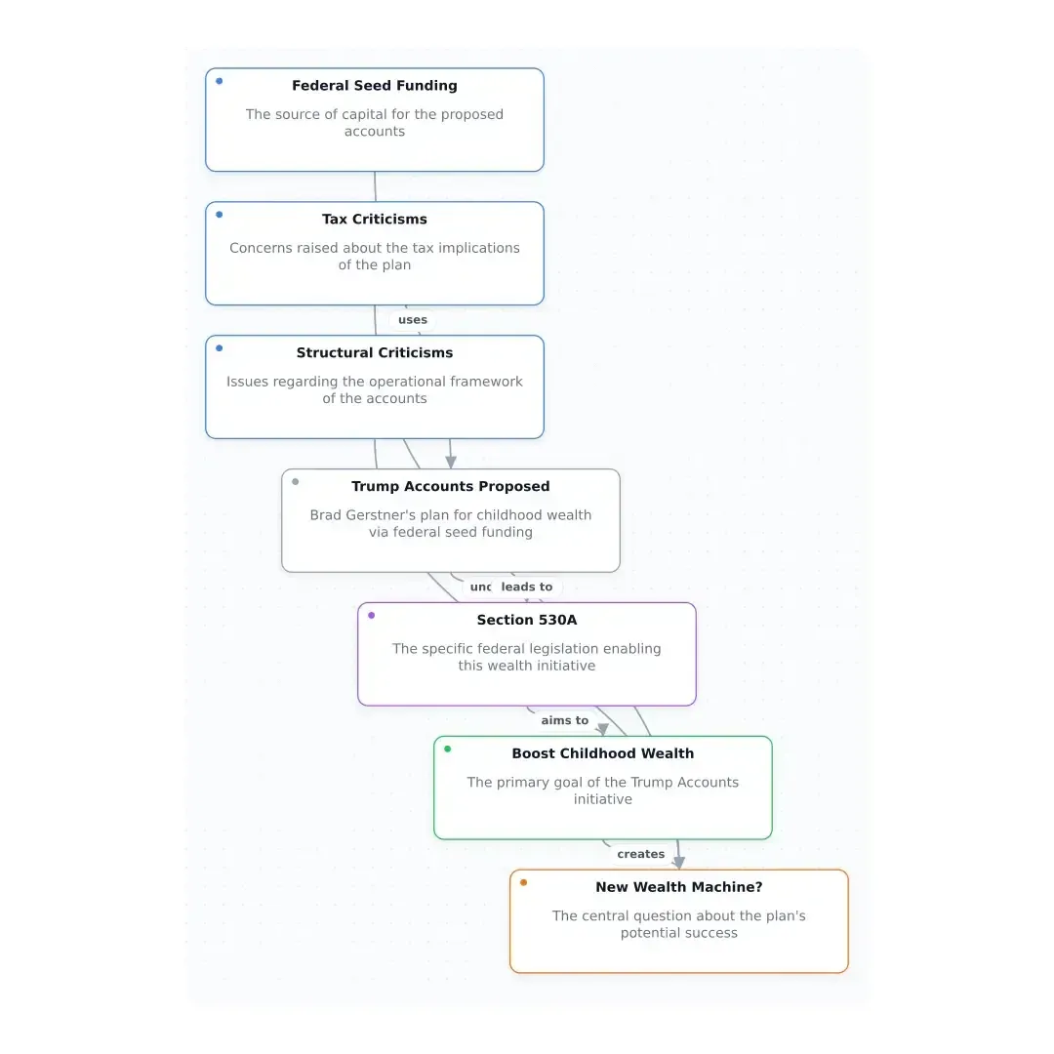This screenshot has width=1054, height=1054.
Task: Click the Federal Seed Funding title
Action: pyautogui.click(x=375, y=86)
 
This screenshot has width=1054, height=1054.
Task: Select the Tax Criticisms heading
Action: pyautogui.click(x=375, y=220)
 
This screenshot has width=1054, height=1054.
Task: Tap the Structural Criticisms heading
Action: pyautogui.click(x=375, y=353)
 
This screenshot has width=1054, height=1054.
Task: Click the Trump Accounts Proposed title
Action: pyautogui.click(x=450, y=487)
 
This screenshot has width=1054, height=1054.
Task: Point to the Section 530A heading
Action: pyautogui.click(x=527, y=620)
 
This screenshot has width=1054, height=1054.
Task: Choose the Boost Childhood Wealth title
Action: pyautogui.click(x=603, y=753)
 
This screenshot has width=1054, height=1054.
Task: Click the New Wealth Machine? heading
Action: pyautogui.click(x=679, y=887)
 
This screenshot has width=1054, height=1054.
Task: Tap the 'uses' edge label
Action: pyautogui.click(x=413, y=320)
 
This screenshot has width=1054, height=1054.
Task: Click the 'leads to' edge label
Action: pyautogui.click(x=527, y=587)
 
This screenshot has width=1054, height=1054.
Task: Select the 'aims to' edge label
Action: pyautogui.click(x=565, y=720)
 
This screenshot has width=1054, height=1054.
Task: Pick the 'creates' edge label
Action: pyautogui.click(x=640, y=854)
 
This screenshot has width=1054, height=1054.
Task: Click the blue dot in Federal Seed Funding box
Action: pyautogui.click(x=220, y=81)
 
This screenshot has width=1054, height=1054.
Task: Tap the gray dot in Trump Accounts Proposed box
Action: pyautogui.click(x=295, y=482)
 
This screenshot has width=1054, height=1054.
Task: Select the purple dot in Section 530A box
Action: pyautogui.click(x=371, y=615)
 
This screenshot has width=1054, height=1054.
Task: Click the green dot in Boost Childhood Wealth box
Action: pyautogui.click(x=448, y=749)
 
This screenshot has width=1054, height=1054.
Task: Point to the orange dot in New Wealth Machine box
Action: pyautogui.click(x=524, y=882)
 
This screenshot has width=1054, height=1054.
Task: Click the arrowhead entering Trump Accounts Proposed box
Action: pyautogui.click(x=451, y=463)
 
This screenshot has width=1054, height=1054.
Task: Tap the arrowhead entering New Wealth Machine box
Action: pyautogui.click(x=679, y=863)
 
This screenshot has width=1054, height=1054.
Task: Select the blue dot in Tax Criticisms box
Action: pyautogui.click(x=220, y=215)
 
